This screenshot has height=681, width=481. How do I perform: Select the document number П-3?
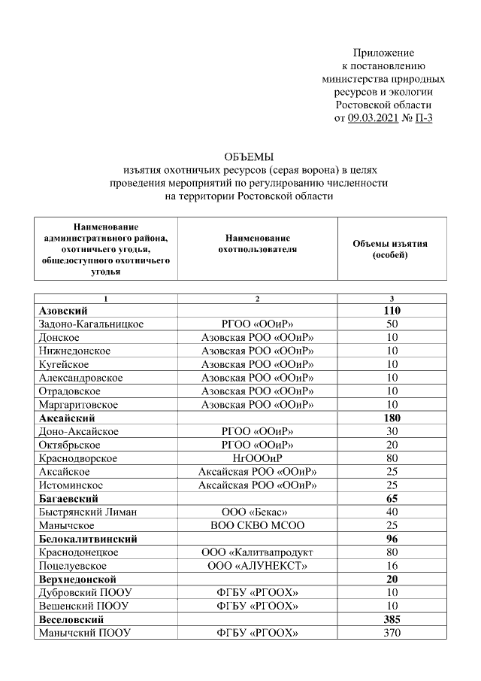[425, 118]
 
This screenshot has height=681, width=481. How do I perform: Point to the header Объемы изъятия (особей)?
[390, 250]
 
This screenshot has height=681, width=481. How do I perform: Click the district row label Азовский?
[63, 311]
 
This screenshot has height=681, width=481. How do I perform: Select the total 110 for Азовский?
[392, 311]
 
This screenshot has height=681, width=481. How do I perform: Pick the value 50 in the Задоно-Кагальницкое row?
[392, 324]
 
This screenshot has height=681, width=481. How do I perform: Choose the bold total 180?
[392, 418]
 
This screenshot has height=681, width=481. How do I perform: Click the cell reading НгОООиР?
[257, 458]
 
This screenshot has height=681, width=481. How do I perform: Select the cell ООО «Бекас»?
[257, 512]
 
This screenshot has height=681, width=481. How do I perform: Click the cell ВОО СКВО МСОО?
[257, 526]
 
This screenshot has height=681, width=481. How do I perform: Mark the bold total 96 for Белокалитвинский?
[392, 540]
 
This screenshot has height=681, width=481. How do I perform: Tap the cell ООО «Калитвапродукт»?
[257, 552]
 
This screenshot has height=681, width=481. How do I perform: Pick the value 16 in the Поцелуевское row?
[392, 566]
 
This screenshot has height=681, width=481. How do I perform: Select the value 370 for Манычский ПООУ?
[392, 634]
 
